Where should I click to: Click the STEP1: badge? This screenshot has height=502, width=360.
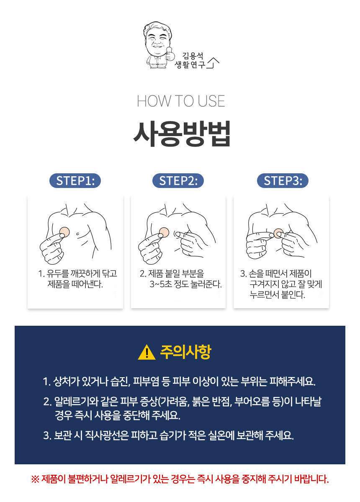click(75, 180)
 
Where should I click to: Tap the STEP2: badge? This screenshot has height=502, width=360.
click(178, 180)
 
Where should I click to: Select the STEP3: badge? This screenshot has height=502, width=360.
click(283, 180)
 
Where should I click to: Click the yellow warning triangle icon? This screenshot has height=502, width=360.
click(147, 352)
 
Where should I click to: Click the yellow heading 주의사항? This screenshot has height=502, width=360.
click(185, 352)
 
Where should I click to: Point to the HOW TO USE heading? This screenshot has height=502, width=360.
click(181, 101)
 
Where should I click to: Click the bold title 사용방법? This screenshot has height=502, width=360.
click(181, 134)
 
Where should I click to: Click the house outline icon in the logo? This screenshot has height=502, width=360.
click(213, 63)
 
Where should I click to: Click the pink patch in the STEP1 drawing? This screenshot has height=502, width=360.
click(64, 232)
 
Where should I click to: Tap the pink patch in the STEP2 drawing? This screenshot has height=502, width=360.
click(164, 233)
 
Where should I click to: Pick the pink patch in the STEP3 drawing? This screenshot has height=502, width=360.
click(278, 233)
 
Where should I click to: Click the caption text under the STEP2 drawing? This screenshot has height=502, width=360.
click(180, 279)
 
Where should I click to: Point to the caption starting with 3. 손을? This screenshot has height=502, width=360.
click(281, 284)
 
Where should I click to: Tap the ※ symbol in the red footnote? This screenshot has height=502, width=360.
click(35, 479)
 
